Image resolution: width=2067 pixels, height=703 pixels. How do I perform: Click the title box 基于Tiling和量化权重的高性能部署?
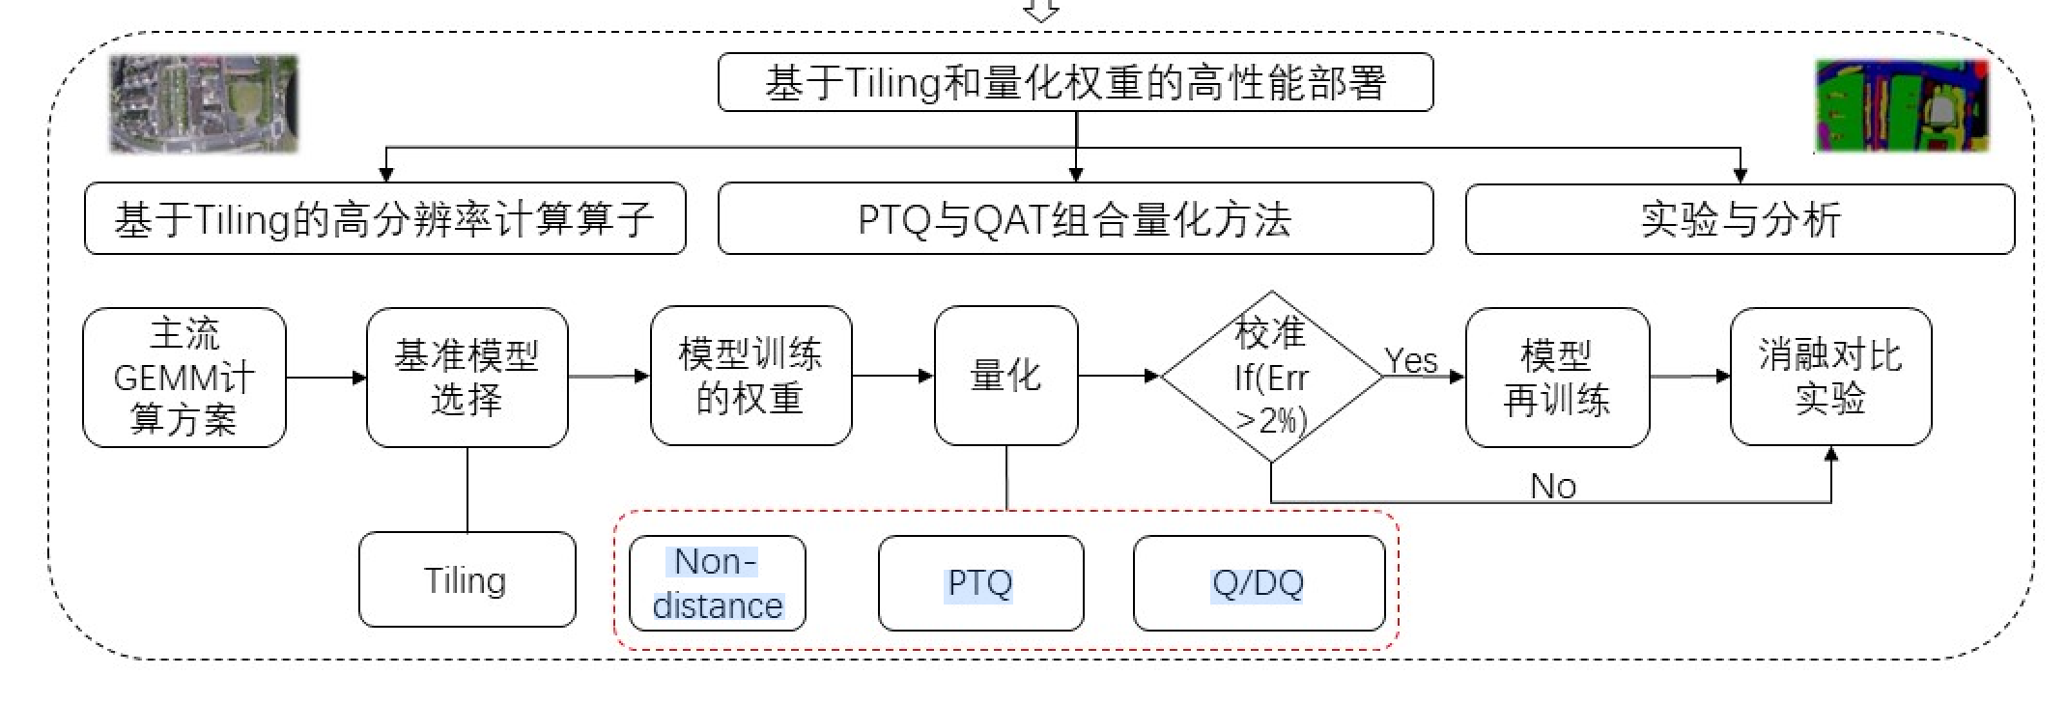click(1075, 83)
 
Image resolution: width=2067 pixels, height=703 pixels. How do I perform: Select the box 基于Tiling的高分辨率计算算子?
click(384, 220)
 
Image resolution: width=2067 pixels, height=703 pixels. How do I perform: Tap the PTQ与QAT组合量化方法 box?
click(1075, 220)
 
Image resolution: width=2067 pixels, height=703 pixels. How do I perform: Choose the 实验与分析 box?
click(1740, 220)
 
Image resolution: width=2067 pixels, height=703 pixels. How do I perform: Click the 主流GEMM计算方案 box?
click(184, 378)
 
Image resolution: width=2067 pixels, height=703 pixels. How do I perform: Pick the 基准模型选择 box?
click(467, 378)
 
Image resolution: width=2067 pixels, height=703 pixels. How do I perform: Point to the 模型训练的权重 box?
click(750, 377)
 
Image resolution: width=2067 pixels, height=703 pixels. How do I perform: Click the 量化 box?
click(1005, 377)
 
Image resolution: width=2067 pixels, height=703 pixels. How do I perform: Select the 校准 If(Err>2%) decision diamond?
click(1271, 377)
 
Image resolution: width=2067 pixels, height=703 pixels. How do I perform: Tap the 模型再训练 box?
click(1557, 378)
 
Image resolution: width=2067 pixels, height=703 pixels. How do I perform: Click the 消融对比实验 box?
click(1830, 377)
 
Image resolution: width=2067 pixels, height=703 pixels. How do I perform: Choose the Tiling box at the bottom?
click(467, 580)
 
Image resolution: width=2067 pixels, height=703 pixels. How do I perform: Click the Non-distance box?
click(717, 583)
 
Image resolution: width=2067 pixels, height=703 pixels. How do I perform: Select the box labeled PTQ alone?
click(980, 583)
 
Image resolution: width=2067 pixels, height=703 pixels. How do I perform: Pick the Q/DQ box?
click(1259, 583)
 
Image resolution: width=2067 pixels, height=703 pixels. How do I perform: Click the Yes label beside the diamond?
click(1410, 361)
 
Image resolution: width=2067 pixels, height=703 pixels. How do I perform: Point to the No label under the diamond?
click(1553, 486)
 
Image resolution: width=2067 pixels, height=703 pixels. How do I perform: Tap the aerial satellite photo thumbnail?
click(204, 104)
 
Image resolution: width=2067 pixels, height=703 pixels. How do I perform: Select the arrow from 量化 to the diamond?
click(1118, 376)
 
